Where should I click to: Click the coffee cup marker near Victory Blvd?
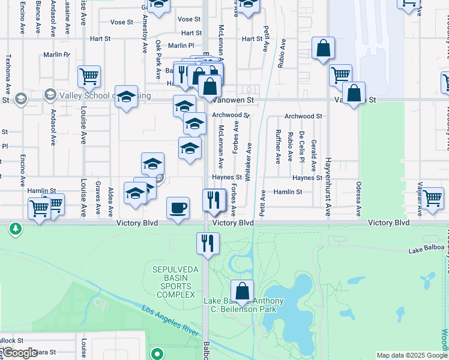pyautogui.click(x=178, y=208)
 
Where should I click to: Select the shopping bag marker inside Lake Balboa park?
pyautogui.click(x=242, y=292)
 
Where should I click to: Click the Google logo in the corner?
pyautogui.click(x=20, y=353)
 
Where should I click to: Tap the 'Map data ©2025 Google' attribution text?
pyautogui.click(x=412, y=355)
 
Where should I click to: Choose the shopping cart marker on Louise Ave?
pyautogui.click(x=89, y=77)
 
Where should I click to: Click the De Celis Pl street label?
pyautogui.click(x=302, y=148)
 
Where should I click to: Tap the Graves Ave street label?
pyautogui.click(x=97, y=197)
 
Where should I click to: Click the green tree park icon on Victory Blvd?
pyautogui.click(x=14, y=229)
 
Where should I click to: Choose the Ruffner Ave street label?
pyautogui.click(x=278, y=146)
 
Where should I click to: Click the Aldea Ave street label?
pyautogui.click(x=110, y=201)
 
